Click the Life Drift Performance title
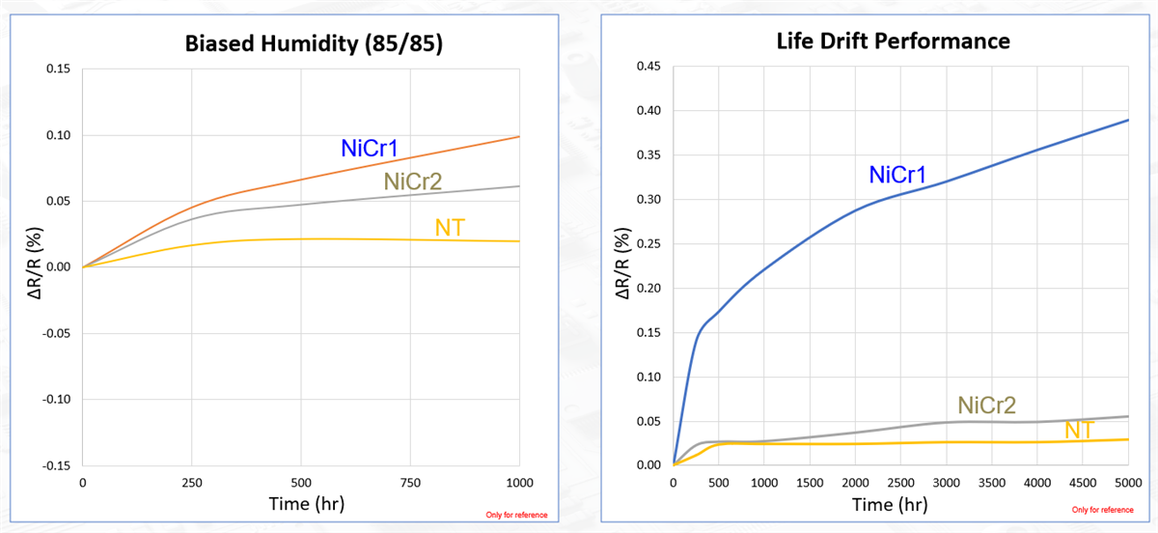pyautogui.click(x=894, y=41)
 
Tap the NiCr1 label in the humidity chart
pyautogui.click(x=370, y=149)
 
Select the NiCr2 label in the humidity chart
pyautogui.click(x=412, y=181)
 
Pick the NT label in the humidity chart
pyautogui.click(x=451, y=227)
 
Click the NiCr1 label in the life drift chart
pyautogui.click(x=898, y=175)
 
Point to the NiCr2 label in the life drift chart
pyautogui.click(x=986, y=405)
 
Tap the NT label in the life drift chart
pyautogui.click(x=1079, y=430)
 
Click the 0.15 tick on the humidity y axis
pyautogui.click(x=58, y=70)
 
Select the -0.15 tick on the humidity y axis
pyautogui.click(x=56, y=465)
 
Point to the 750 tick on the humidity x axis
pyautogui.click(x=410, y=483)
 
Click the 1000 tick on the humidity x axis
pyautogui.click(x=519, y=483)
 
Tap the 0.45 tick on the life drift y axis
pyautogui.click(x=648, y=67)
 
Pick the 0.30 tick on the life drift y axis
pyautogui.click(x=648, y=200)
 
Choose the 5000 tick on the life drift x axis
pyautogui.click(x=1128, y=483)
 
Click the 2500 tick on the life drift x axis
pyautogui.click(x=900, y=483)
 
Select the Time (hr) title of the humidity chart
pyautogui.click(x=300, y=504)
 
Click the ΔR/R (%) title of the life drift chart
pyautogui.click(x=625, y=266)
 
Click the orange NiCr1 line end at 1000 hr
pyautogui.click(x=518, y=137)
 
